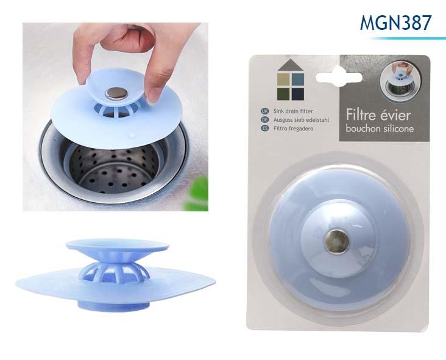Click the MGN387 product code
395,23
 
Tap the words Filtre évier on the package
378,115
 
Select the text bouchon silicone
380,129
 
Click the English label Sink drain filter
293,111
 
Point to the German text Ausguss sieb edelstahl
301,120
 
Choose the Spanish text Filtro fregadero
293,129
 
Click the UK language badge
265,111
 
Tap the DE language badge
265,120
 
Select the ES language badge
265,129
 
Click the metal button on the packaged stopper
337,241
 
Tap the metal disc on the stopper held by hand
116,93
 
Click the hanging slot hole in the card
339,77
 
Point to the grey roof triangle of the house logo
291,65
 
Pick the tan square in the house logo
283,79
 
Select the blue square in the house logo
298,79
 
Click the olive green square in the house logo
283,94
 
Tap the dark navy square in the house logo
298,94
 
